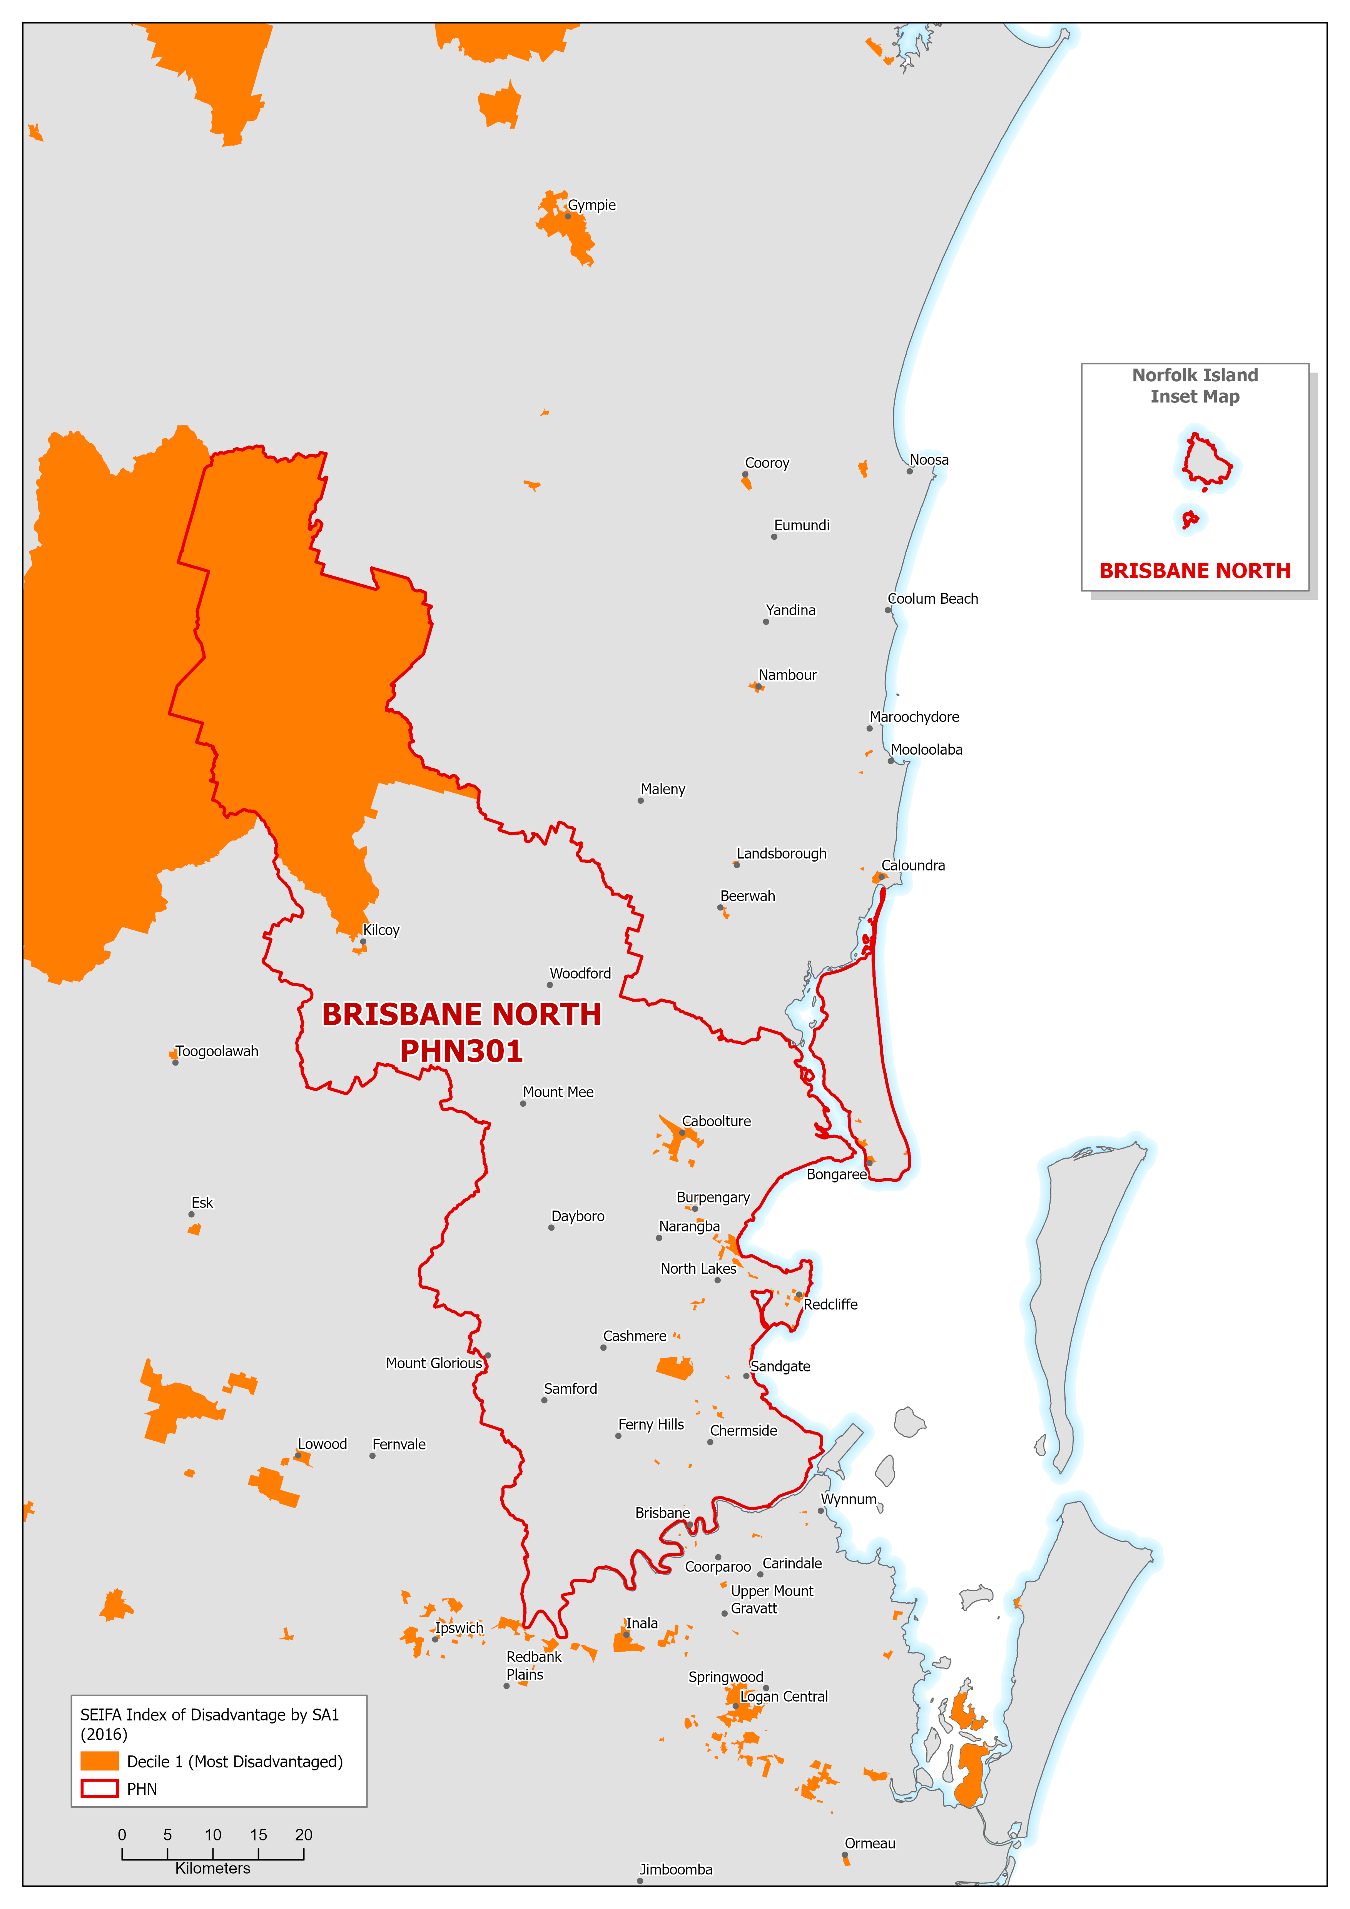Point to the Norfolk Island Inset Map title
[x=1195, y=386]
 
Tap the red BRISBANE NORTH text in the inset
[x=1195, y=570]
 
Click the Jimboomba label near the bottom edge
[x=676, y=1869]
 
